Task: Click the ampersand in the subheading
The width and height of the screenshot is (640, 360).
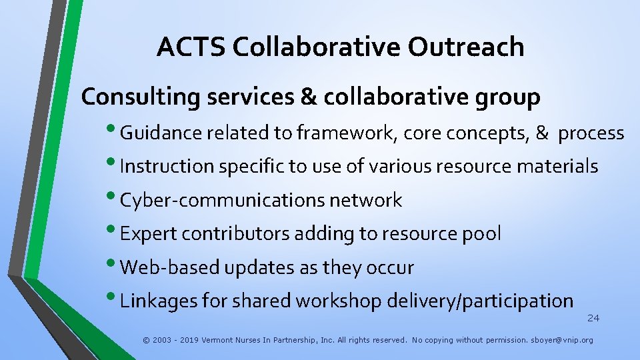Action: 309,98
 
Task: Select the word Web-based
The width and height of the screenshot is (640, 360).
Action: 171,268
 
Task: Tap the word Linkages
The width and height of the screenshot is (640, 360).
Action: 159,301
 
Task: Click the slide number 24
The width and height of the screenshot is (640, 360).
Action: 593,318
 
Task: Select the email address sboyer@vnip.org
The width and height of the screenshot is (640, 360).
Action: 561,340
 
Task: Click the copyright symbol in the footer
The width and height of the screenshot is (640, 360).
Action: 146,340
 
